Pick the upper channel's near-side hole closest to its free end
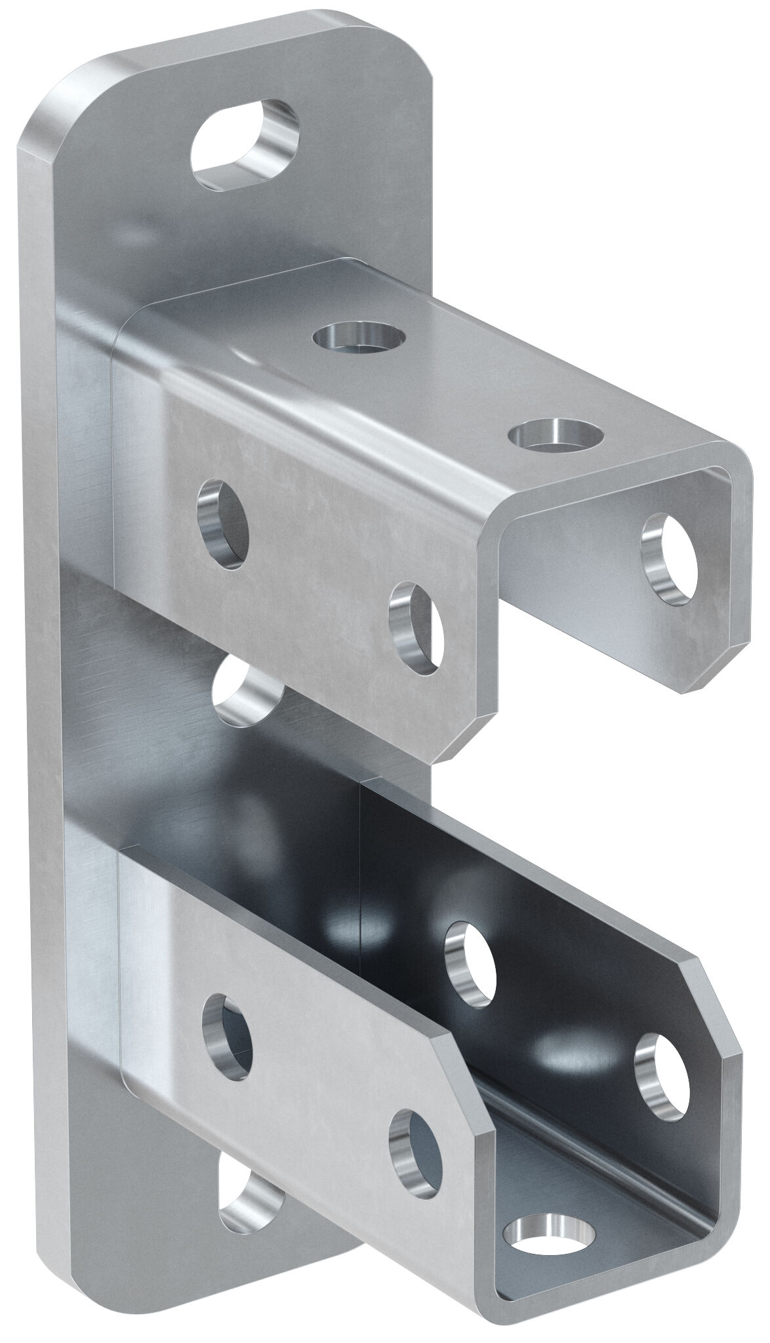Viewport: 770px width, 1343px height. coord(415,628)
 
